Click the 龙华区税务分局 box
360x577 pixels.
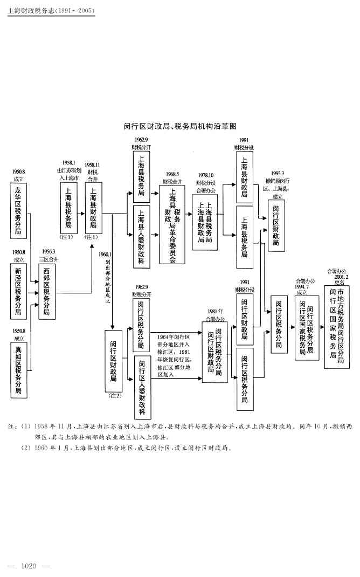pos(19,210)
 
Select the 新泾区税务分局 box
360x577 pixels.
pos(19,290)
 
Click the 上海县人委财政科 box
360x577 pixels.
pos(141,236)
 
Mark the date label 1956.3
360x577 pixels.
pos(46,251)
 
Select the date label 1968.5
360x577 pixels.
pos(172,174)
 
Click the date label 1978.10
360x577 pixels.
pos(205,175)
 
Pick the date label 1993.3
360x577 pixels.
pos(278,173)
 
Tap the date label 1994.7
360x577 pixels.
pos(302,286)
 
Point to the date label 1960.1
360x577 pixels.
pos(105,254)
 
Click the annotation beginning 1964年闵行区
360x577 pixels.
pos(174,348)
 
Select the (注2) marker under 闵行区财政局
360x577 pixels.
pos(114,396)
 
